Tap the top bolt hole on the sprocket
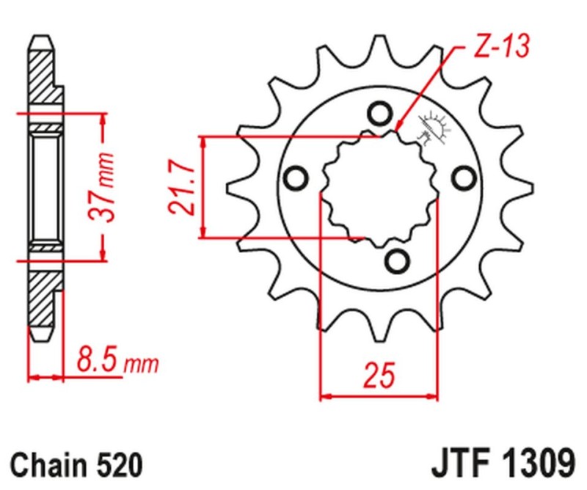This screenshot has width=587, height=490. [x=379, y=114]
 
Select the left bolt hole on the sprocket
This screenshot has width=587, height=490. [x=296, y=178]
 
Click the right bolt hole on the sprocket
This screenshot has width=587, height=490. [x=462, y=178]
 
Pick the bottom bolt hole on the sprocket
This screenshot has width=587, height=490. [x=397, y=260]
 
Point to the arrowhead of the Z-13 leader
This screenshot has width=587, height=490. [x=397, y=126]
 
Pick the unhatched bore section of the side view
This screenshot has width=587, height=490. [x=46, y=186]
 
